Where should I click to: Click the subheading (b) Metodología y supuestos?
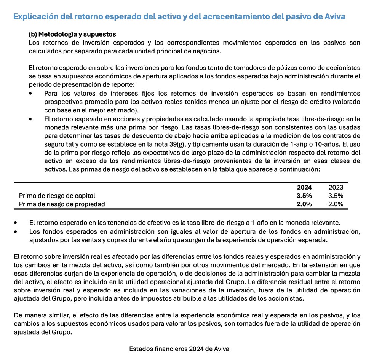pyautogui.click(x=72, y=35)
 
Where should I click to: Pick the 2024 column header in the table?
pyautogui.click(x=304, y=187)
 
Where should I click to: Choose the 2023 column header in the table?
pyautogui.click(x=336, y=187)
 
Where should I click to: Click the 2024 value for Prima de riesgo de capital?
pyautogui.click(x=304, y=196)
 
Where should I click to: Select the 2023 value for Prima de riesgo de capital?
pyautogui.click(x=336, y=196)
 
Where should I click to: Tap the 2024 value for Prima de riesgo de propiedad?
pyautogui.click(x=304, y=204)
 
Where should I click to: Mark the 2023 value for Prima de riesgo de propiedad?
pyautogui.click(x=336, y=204)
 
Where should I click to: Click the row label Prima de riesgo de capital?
pyautogui.click(x=57, y=196)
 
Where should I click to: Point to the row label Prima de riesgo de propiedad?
pyautogui.click(x=62, y=204)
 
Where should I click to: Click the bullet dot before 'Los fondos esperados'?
pyautogui.click(x=16, y=232)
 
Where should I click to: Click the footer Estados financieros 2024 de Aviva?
pyautogui.click(x=179, y=349)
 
